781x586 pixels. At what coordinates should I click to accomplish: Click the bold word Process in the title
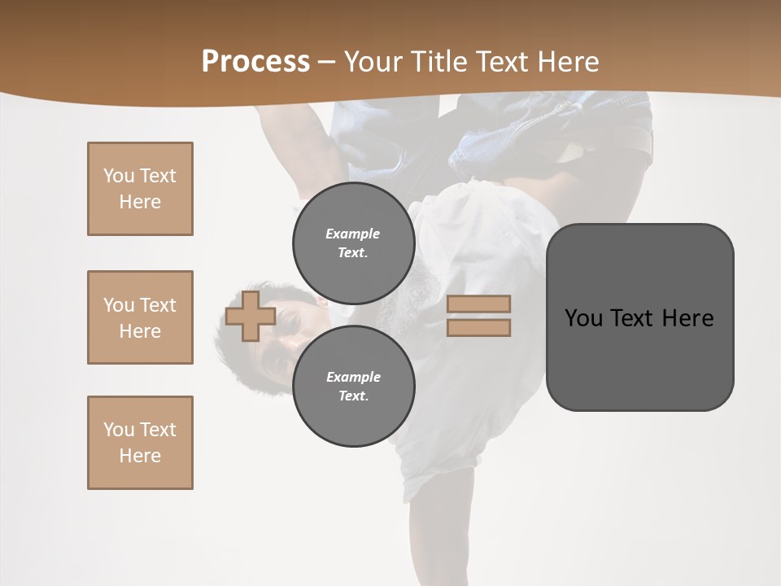255,62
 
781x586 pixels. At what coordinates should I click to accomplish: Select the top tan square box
140,189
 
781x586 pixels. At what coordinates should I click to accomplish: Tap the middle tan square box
140,317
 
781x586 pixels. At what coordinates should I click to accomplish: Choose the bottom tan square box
140,443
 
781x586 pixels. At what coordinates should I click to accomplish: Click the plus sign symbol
250,316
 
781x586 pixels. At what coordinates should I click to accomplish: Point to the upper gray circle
353,243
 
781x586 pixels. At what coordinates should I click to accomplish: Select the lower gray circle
353,386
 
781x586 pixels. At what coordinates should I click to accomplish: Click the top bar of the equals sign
478,304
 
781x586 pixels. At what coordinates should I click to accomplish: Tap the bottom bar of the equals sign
478,328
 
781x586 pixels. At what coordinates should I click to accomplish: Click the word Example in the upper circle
353,234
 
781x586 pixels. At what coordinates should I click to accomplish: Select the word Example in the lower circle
353,377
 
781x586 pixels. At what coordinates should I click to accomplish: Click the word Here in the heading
569,62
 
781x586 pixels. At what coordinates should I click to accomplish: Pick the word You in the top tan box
118,176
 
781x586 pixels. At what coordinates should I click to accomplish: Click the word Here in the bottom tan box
140,456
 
